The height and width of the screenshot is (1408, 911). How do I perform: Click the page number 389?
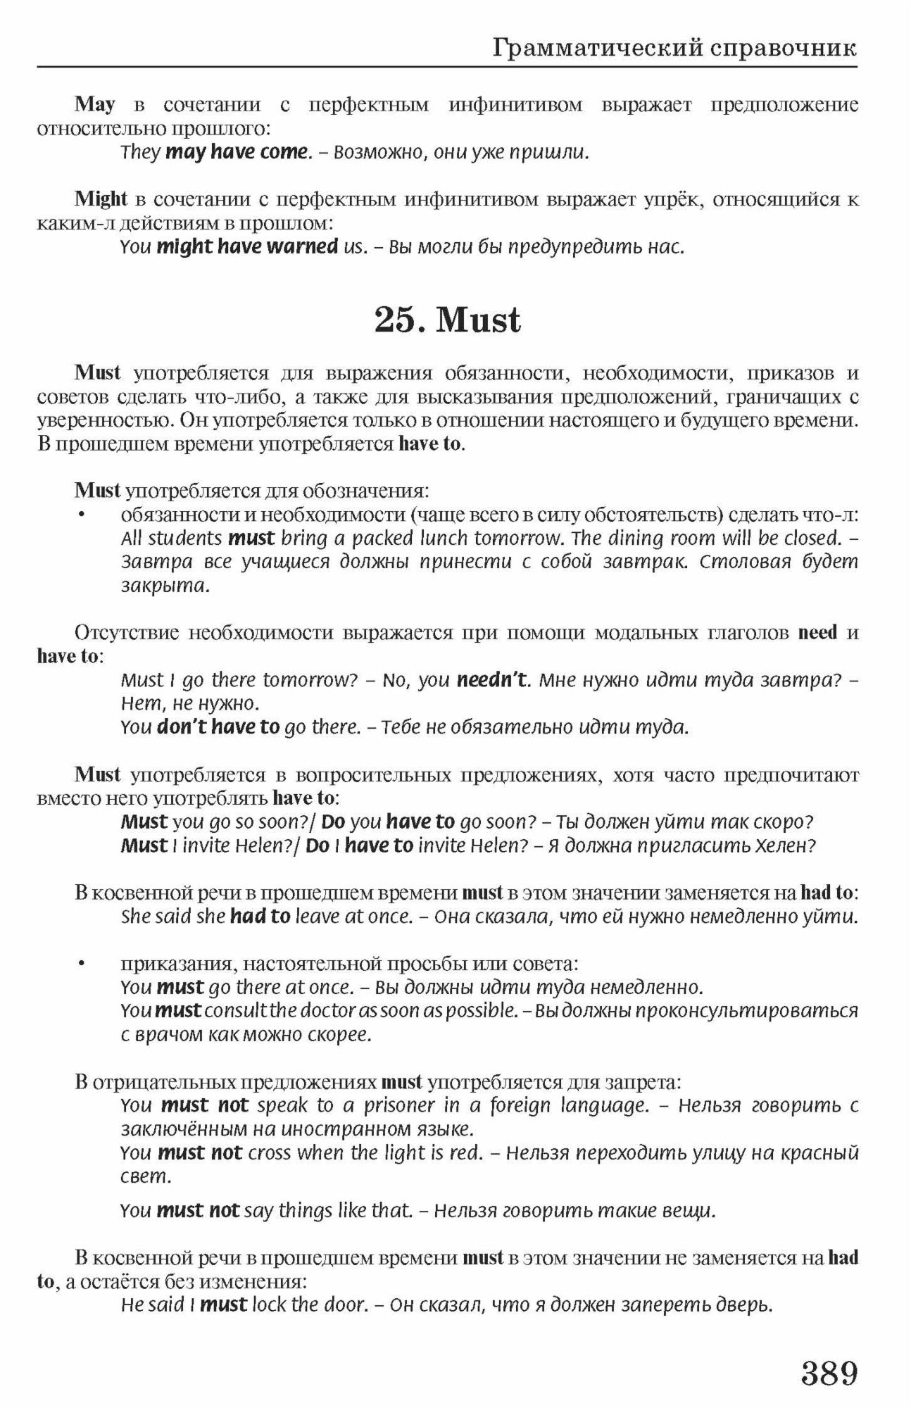coord(829,1372)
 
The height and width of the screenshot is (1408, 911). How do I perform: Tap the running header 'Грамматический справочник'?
coord(674,48)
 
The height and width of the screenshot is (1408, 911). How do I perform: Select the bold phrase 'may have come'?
coord(237,151)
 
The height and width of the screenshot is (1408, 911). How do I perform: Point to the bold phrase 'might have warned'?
coord(247,246)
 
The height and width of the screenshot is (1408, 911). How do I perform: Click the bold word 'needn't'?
coord(491,680)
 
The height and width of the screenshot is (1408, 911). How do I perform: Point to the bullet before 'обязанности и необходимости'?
coord(82,515)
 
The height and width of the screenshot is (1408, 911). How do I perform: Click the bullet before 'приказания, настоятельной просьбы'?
coord(82,963)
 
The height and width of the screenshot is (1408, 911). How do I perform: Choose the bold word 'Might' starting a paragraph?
coord(101,199)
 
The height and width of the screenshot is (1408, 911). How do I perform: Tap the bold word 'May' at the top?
coord(95,104)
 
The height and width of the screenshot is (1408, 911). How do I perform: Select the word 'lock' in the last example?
coord(268,1305)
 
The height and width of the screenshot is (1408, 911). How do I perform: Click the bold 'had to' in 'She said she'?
coord(260,916)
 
